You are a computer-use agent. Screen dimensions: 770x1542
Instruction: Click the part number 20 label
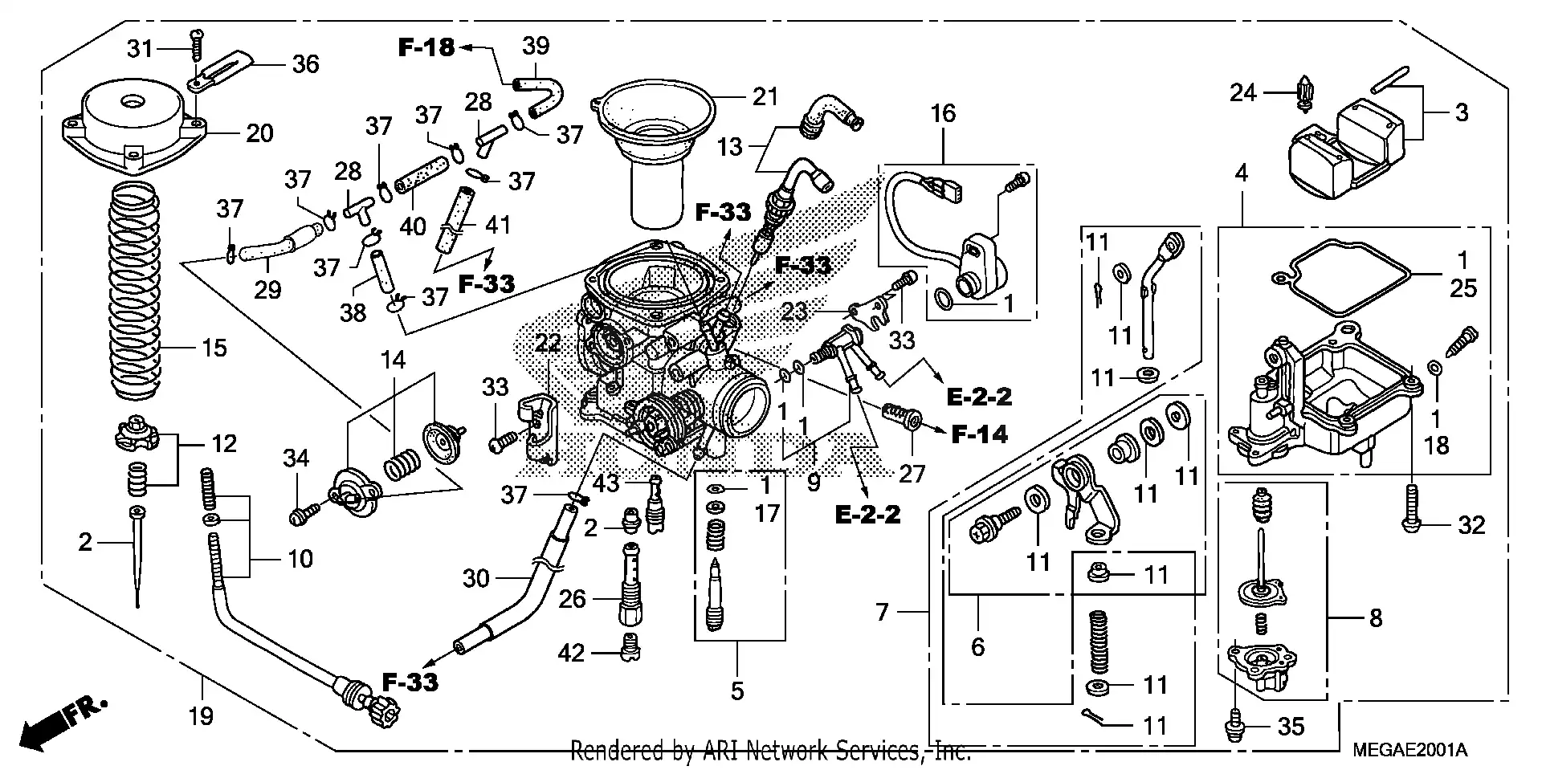[x=259, y=133]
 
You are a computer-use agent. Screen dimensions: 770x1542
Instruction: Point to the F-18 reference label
[x=426, y=47]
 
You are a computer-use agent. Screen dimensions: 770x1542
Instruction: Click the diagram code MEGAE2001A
[x=1409, y=751]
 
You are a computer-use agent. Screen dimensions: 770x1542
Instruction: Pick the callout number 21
[x=765, y=97]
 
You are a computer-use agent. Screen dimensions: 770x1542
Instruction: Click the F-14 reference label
[x=979, y=434]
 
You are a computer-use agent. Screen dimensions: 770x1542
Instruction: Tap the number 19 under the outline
[x=201, y=715]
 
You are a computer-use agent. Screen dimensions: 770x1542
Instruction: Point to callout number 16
[x=943, y=113]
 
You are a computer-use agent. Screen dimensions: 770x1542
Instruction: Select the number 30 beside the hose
[x=475, y=578]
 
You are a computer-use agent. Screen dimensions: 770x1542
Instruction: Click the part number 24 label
[x=1242, y=93]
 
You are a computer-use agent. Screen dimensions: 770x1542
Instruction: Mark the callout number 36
[x=305, y=63]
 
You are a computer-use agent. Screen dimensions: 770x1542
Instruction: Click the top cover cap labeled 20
[x=133, y=128]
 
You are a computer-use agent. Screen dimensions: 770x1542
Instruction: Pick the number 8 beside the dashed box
[x=1376, y=617]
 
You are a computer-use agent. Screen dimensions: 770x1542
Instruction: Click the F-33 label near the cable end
[x=410, y=682]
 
